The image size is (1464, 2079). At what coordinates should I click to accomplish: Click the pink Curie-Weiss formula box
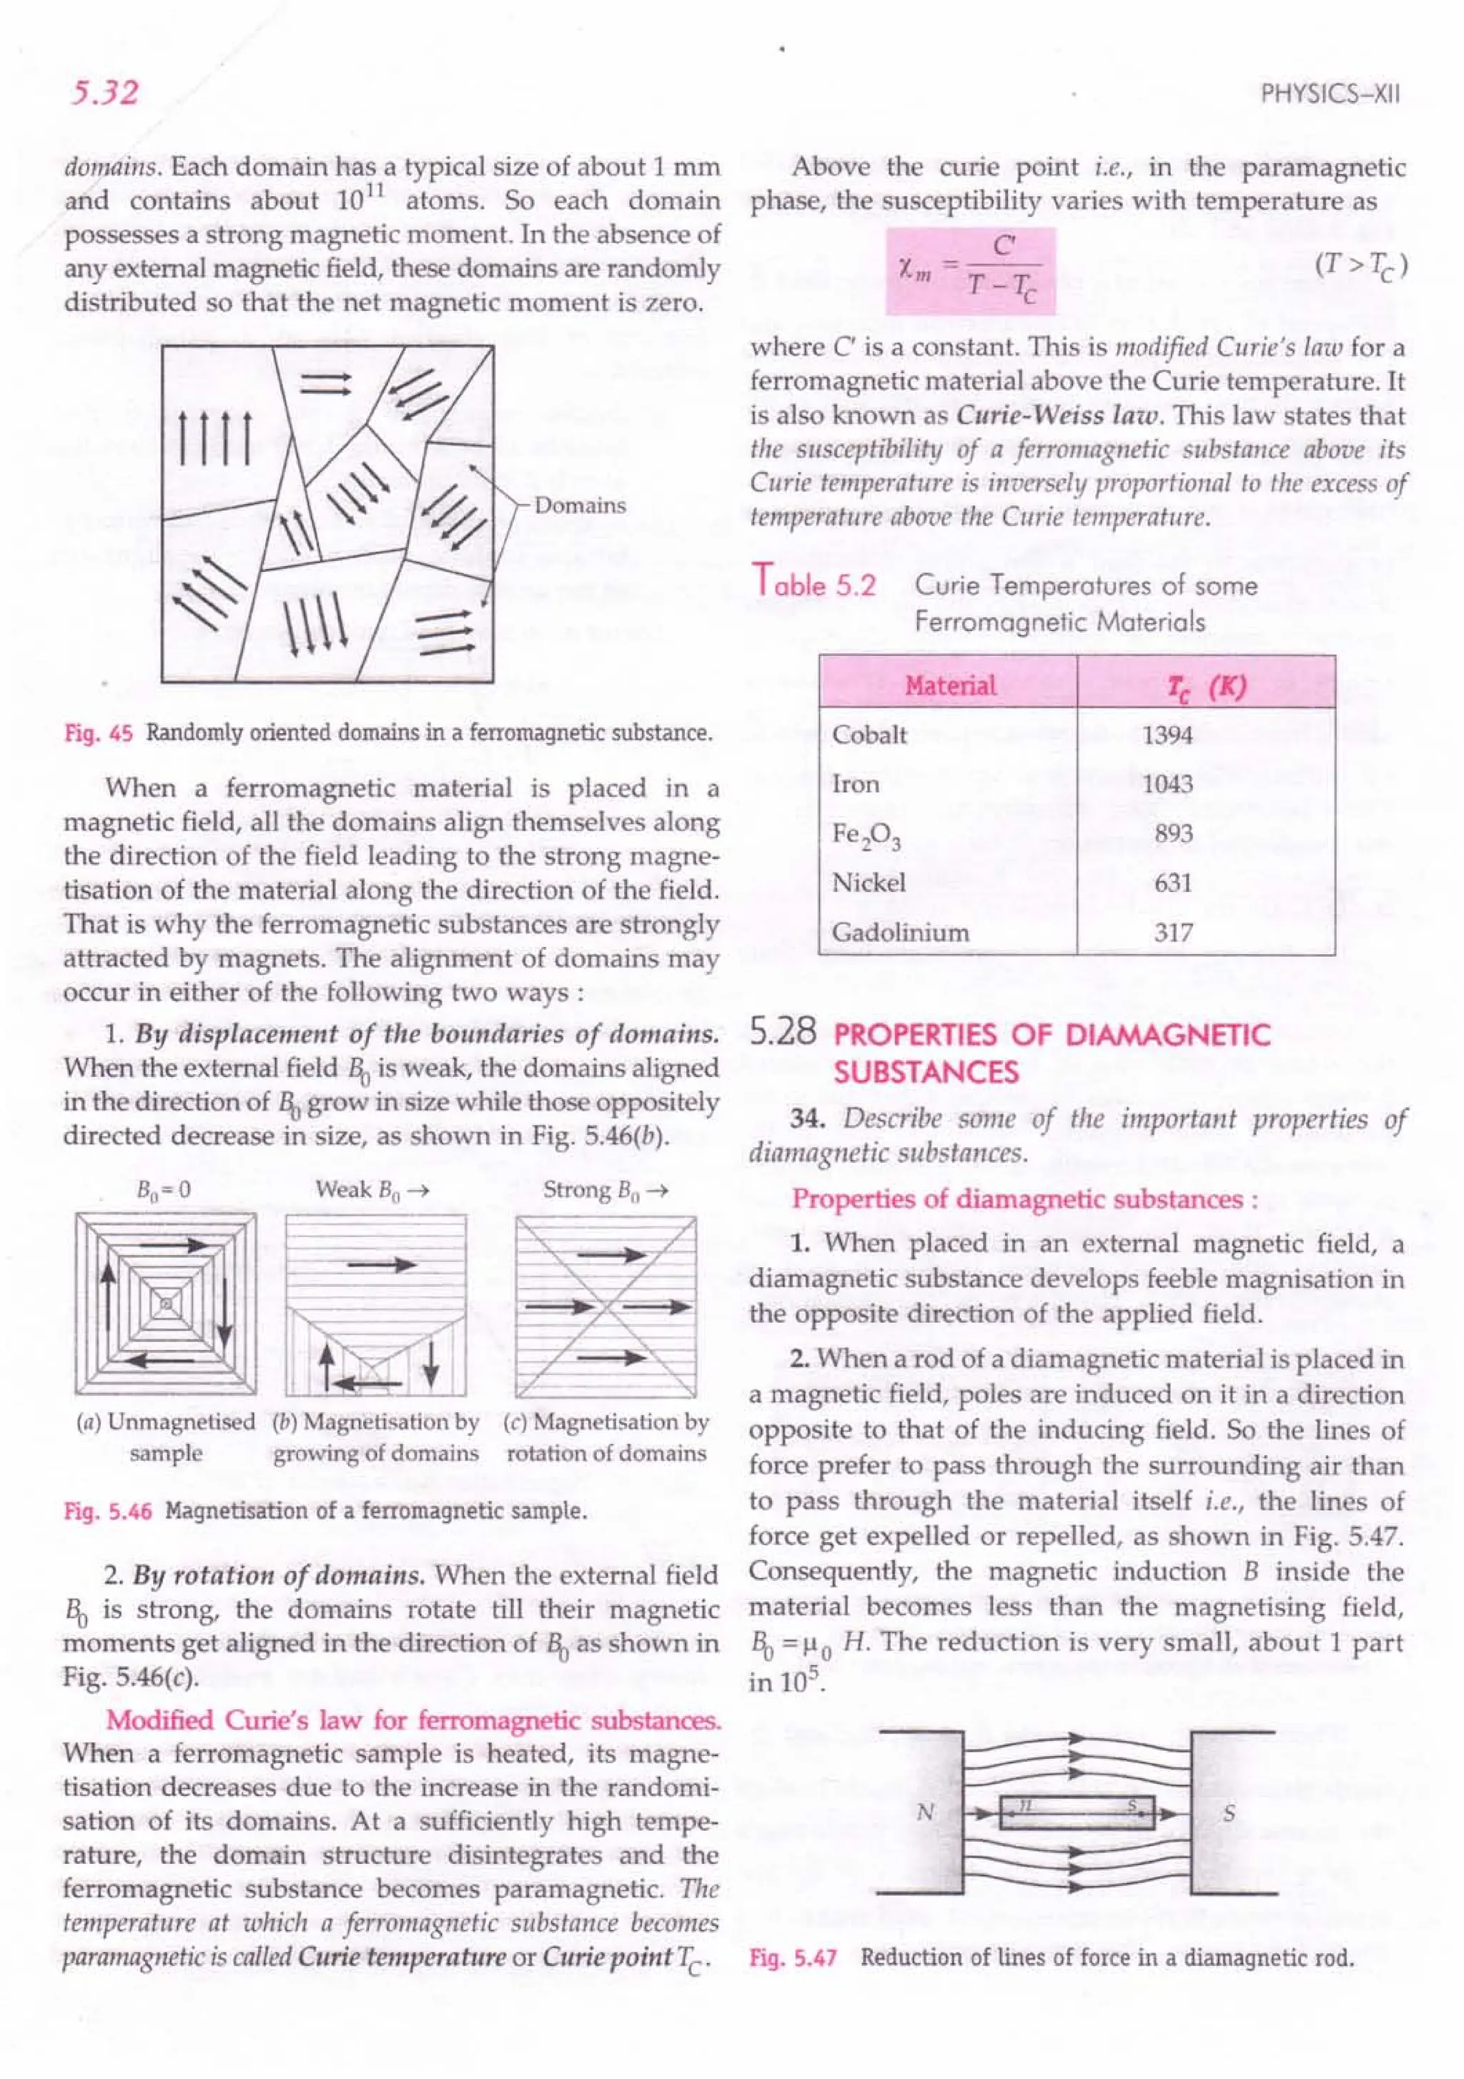coord(970,271)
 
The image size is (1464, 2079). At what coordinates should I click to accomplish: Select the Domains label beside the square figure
coord(580,505)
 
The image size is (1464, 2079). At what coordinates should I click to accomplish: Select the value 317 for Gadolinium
coord(1172,933)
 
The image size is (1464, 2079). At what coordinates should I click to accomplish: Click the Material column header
coord(949,685)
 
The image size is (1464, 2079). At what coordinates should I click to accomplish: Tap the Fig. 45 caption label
coord(99,733)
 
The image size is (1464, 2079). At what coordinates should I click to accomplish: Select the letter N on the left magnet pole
coord(925,1812)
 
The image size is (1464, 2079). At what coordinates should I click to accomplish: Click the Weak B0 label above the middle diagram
coord(372,1190)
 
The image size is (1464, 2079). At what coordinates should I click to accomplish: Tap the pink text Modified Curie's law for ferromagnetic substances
coord(413,1720)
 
